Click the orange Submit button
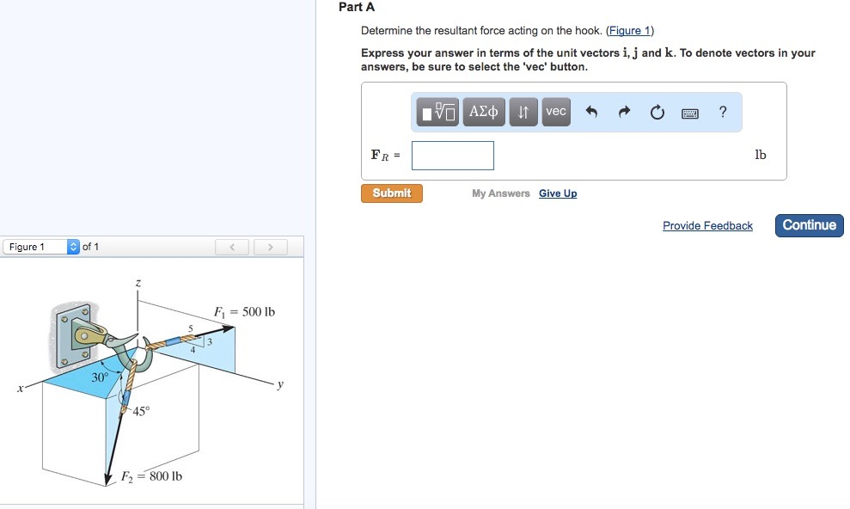pyautogui.click(x=392, y=193)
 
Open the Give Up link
pyautogui.click(x=558, y=193)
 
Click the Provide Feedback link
pyautogui.click(x=707, y=226)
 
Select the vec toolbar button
pyautogui.click(x=556, y=112)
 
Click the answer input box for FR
pyautogui.click(x=453, y=156)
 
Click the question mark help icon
pyautogui.click(x=723, y=112)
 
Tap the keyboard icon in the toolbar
pyautogui.click(x=690, y=113)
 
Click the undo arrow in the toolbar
pyautogui.click(x=591, y=112)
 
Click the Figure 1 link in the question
pyautogui.click(x=630, y=31)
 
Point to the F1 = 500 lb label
pyautogui.click(x=244, y=311)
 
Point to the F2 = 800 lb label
pyautogui.click(x=151, y=476)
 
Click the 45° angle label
pyautogui.click(x=142, y=411)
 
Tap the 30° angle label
pyautogui.click(x=101, y=377)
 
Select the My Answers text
pyautogui.click(x=501, y=193)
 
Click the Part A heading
pyautogui.click(x=357, y=7)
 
